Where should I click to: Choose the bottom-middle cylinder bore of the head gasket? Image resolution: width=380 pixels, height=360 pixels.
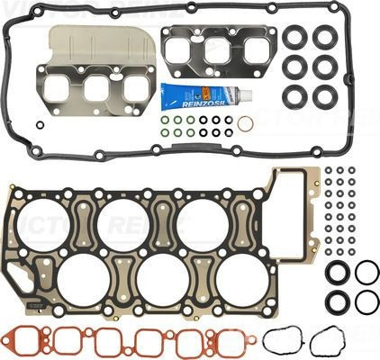tap(163, 278)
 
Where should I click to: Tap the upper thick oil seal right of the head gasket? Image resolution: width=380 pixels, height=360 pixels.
tap(335, 272)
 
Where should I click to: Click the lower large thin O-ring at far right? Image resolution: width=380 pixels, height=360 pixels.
tap(366, 301)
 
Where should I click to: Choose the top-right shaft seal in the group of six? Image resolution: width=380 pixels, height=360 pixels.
tap(323, 37)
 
